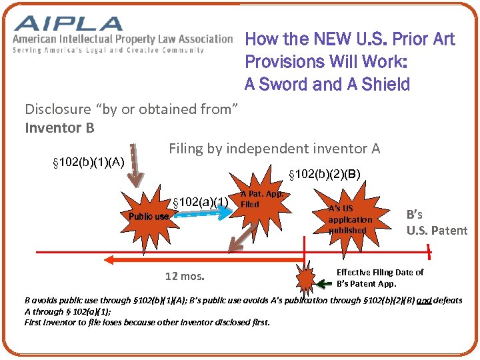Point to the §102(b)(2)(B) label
324,175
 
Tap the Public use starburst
148,215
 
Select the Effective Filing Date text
380,272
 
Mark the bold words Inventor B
59,127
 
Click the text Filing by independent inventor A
274,149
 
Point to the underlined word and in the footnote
423,301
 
